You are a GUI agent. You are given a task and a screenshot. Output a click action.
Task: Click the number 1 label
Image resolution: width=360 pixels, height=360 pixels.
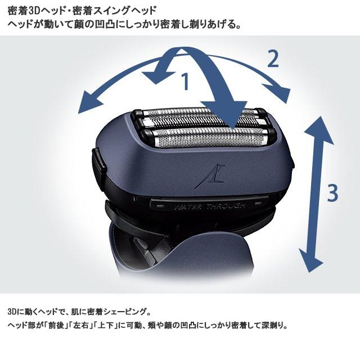pyautogui.click(x=185, y=82)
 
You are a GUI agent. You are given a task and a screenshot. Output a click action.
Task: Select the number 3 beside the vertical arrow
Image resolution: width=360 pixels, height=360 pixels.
pyautogui.click(x=332, y=192)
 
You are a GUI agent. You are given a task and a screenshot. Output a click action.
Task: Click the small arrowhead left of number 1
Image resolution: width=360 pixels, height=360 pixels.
pyautogui.click(x=151, y=76)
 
